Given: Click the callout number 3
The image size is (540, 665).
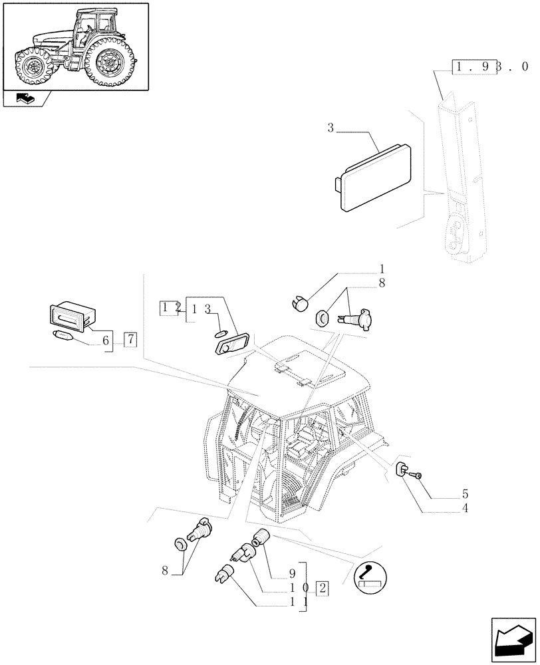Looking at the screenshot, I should [x=331, y=128].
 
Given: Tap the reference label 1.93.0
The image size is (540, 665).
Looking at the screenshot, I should [x=490, y=67].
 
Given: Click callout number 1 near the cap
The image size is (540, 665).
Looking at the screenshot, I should [x=382, y=269].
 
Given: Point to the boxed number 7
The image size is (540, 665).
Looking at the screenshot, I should [x=130, y=340].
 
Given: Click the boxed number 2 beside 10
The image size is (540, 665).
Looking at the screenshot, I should [x=322, y=587].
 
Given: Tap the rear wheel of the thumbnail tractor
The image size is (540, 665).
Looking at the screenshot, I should [x=108, y=63].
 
